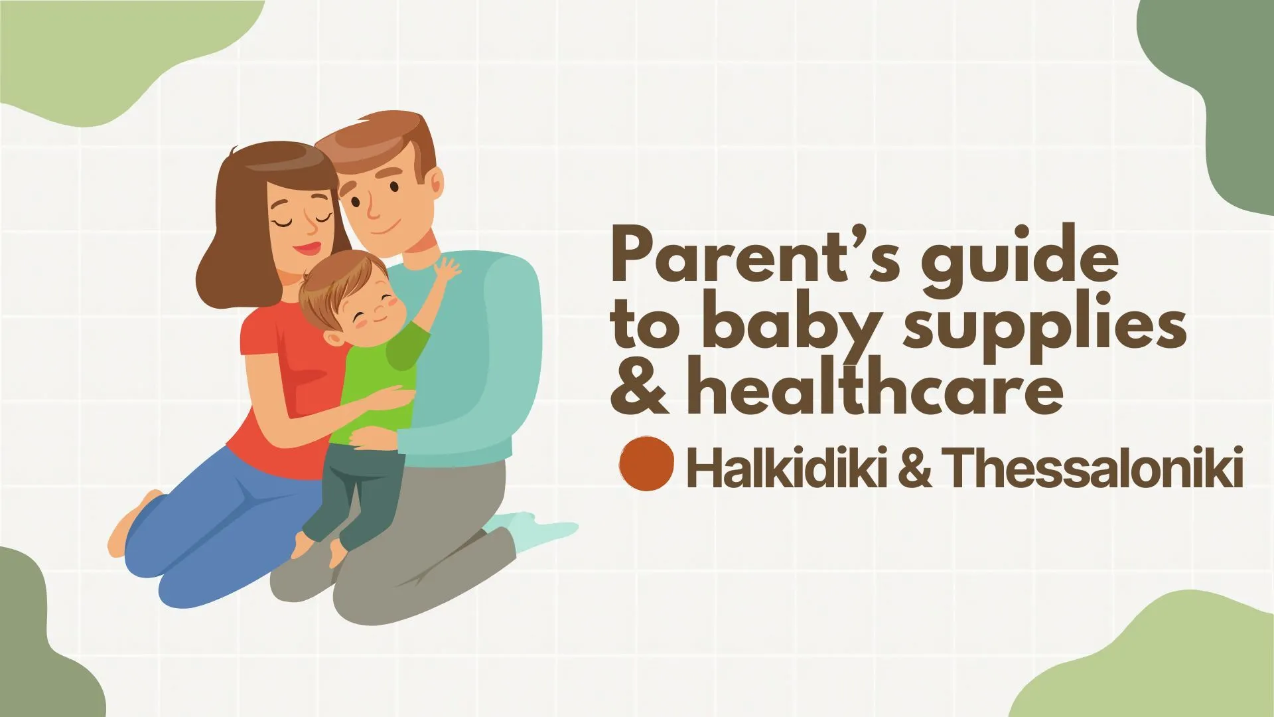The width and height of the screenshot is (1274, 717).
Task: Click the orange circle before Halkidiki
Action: pyautogui.click(x=646, y=464)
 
